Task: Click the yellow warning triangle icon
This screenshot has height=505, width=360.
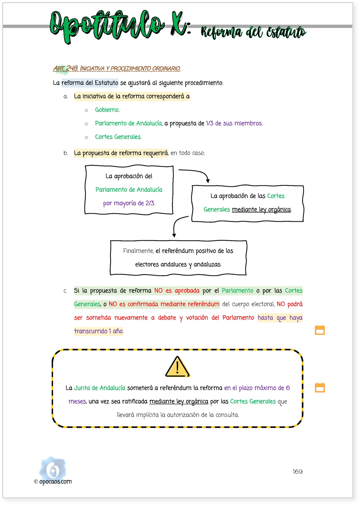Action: [178, 367]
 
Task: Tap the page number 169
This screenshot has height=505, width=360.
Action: [297, 472]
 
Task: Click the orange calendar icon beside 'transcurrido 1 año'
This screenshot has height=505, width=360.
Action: [320, 330]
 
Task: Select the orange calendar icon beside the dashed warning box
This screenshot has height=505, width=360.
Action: [320, 388]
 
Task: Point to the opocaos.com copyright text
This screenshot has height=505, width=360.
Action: [53, 481]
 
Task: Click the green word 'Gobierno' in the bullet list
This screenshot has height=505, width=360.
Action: [107, 110]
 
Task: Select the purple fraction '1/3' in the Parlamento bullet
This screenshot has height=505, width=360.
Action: [210, 123]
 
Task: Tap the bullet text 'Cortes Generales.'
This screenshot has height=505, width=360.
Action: [118, 137]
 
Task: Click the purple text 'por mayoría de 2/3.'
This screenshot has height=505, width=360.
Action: [129, 203]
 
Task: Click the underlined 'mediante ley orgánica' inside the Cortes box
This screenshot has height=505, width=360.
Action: [261, 209]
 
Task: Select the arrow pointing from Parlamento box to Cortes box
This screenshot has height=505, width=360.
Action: [198, 172]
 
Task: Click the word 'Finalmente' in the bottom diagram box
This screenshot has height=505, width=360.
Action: [138, 251]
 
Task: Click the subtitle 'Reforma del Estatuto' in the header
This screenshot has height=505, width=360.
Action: [253, 32]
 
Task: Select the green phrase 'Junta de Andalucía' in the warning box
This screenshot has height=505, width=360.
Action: [99, 388]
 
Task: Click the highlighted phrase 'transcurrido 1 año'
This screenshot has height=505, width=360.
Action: [99, 331]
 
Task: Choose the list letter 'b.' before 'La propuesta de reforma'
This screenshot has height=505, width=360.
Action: [66, 153]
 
